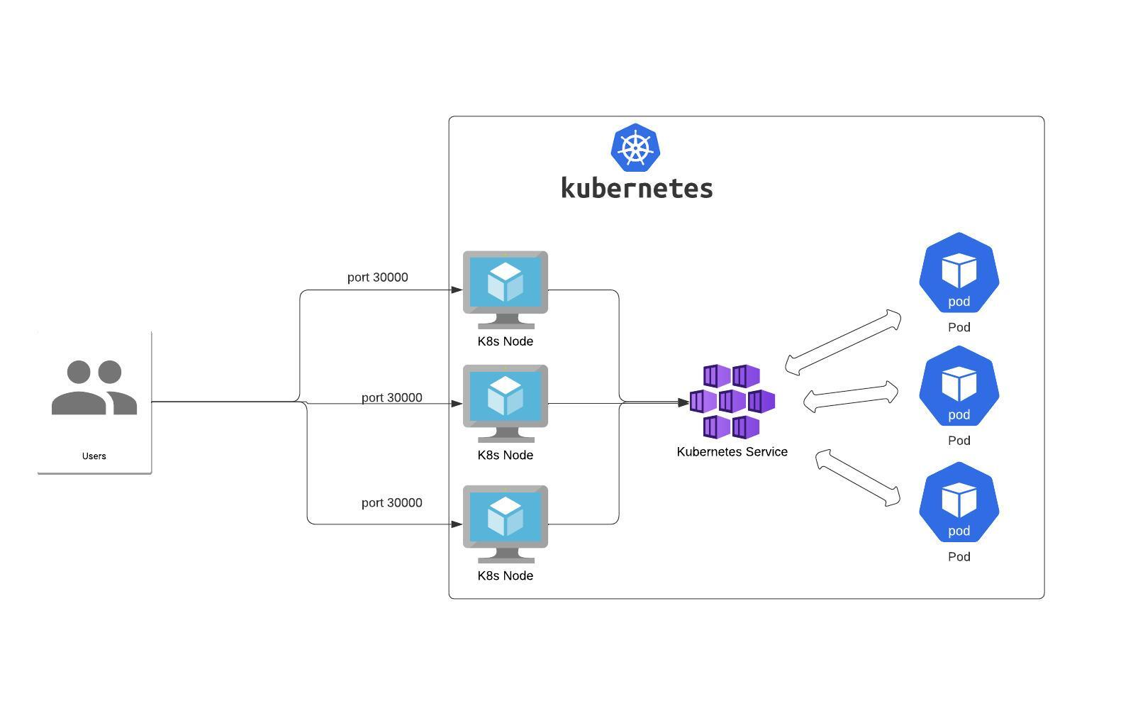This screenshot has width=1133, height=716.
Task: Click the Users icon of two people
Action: click(x=94, y=387)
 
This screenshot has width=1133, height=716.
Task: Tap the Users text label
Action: click(x=94, y=456)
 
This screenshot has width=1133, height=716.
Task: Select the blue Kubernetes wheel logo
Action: click(x=635, y=148)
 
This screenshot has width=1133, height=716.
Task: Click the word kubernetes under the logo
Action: click(x=637, y=188)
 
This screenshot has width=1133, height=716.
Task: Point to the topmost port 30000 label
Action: click(x=377, y=277)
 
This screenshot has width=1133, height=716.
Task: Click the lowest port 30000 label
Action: click(x=391, y=503)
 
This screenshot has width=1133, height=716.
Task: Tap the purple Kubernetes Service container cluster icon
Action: click(x=732, y=402)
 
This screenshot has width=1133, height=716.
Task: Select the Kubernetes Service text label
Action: click(x=732, y=452)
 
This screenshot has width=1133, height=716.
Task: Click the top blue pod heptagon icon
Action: click(x=959, y=273)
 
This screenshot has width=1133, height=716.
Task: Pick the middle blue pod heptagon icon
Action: click(x=959, y=387)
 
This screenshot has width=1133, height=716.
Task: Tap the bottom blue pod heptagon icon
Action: click(x=959, y=503)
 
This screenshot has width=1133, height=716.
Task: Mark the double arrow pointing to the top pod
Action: click(x=843, y=343)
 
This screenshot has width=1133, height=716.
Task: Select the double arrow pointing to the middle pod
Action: click(x=851, y=397)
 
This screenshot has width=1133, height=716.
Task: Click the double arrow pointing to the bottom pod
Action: click(x=858, y=478)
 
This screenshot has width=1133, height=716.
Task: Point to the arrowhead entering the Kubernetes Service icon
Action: click(x=683, y=402)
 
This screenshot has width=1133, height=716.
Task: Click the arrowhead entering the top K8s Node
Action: click(x=457, y=290)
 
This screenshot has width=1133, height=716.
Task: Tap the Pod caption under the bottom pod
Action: click(x=959, y=557)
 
